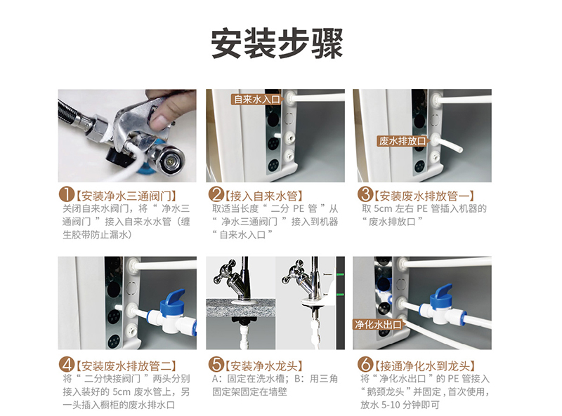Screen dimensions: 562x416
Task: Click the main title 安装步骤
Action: point(277,43)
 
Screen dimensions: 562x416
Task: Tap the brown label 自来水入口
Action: point(256,99)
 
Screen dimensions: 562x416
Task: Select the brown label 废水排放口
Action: point(403,141)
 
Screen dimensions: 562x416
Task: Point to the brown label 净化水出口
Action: point(379,325)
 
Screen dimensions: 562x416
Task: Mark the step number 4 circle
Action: point(66,365)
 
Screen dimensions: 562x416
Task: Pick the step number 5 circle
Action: point(216,365)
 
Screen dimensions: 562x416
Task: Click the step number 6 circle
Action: point(365,365)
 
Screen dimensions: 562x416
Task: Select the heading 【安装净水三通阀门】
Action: point(126,196)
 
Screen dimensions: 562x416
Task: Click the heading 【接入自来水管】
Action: point(264,196)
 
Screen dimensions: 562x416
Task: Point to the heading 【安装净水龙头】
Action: point(264,366)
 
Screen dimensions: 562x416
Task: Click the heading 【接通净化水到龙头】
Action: point(425,366)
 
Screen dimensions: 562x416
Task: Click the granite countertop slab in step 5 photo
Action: point(241,308)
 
